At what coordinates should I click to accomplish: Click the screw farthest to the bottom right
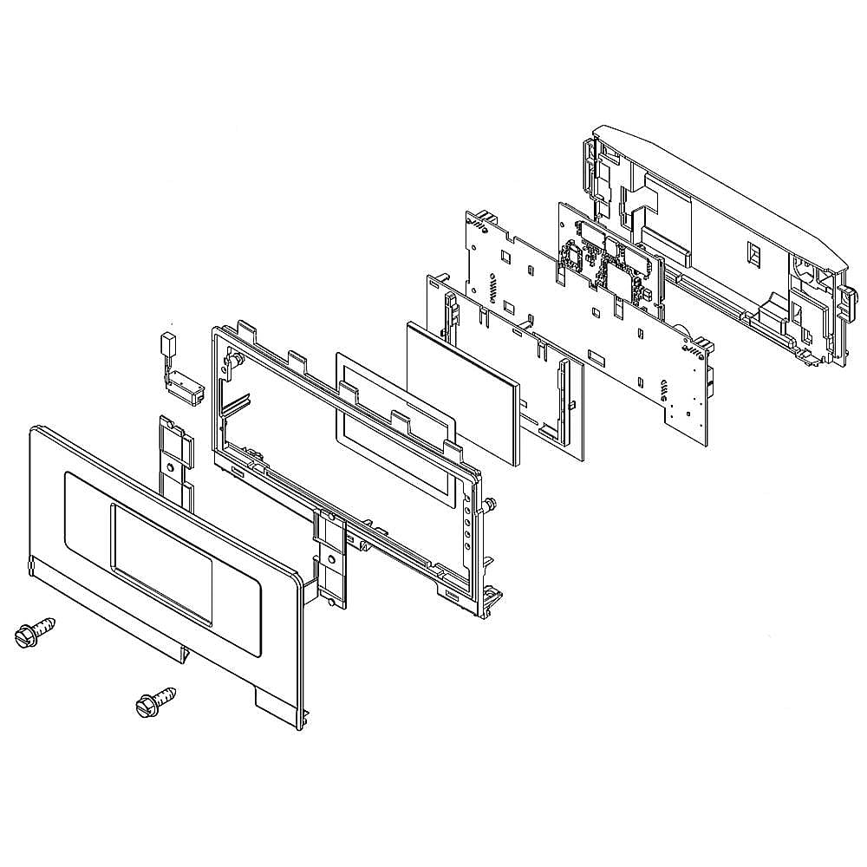point(155,701)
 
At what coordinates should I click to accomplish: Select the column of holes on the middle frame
point(470,525)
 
